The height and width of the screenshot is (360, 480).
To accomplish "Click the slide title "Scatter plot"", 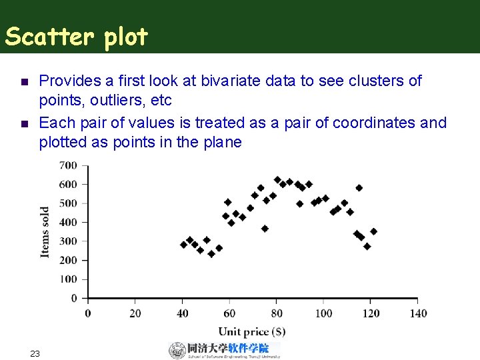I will pyautogui.click(x=76, y=37).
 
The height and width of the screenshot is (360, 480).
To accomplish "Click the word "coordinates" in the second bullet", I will pyautogui.click(x=376, y=123).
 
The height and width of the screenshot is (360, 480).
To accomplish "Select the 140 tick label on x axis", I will pyautogui.click(x=417, y=313).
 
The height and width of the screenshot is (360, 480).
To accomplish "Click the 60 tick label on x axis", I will pyautogui.click(x=229, y=313).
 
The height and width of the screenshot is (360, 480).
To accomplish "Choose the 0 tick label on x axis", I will pyautogui.click(x=88, y=313).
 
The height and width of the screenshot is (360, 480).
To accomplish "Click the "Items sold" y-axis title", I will pyautogui.click(x=45, y=231).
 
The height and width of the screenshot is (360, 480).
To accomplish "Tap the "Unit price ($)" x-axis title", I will pyautogui.click(x=252, y=331).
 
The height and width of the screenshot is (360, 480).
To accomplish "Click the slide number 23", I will pyautogui.click(x=35, y=353).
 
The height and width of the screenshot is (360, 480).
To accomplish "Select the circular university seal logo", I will pyautogui.click(x=177, y=350).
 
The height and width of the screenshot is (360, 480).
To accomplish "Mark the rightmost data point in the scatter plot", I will pyautogui.click(x=373, y=231).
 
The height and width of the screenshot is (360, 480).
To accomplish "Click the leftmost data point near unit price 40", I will pyautogui.click(x=184, y=245).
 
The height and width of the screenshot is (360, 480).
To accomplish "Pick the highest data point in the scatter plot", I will pyautogui.click(x=277, y=180).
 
